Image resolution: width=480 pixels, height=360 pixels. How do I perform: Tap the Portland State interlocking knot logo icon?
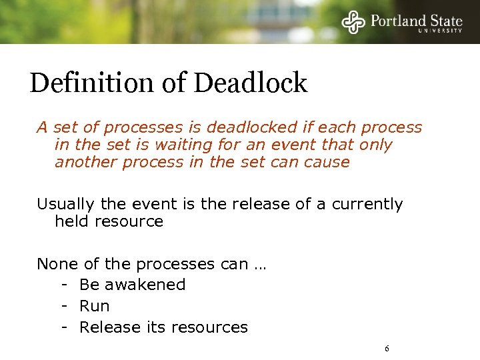(x=354, y=21)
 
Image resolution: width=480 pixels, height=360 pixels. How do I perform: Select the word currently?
(x=367, y=204)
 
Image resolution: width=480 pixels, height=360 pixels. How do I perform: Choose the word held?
(x=71, y=221)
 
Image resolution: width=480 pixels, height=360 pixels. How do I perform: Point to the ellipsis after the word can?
(x=259, y=265)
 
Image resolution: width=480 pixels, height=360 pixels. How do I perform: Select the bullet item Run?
(x=95, y=306)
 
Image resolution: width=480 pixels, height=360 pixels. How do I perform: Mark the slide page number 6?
(x=387, y=349)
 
